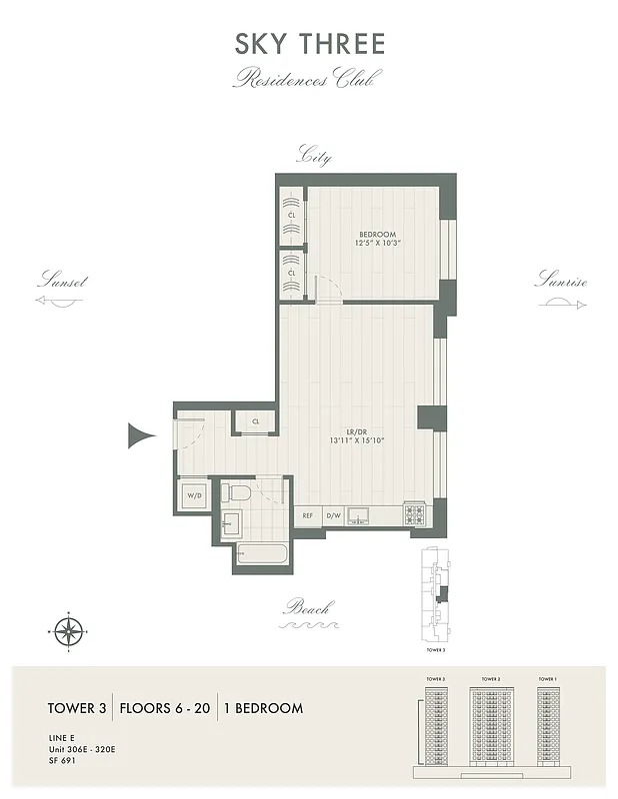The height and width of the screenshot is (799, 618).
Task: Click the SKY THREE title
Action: [309, 45]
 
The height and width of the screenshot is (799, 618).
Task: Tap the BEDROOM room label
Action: [377, 234]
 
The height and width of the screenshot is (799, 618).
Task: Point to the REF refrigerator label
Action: [307, 517]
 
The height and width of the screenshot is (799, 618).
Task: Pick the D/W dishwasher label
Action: [335, 517]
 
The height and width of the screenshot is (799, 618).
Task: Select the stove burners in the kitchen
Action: [415, 515]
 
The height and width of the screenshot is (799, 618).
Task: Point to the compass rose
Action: [68, 631]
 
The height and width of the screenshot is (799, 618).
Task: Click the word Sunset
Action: [62, 282]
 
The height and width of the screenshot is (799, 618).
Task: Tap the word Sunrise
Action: [561, 282]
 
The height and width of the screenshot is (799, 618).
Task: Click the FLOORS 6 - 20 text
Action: [165, 708]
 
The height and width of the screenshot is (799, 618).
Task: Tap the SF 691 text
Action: [63, 760]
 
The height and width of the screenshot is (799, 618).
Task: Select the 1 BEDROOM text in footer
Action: [262, 708]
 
